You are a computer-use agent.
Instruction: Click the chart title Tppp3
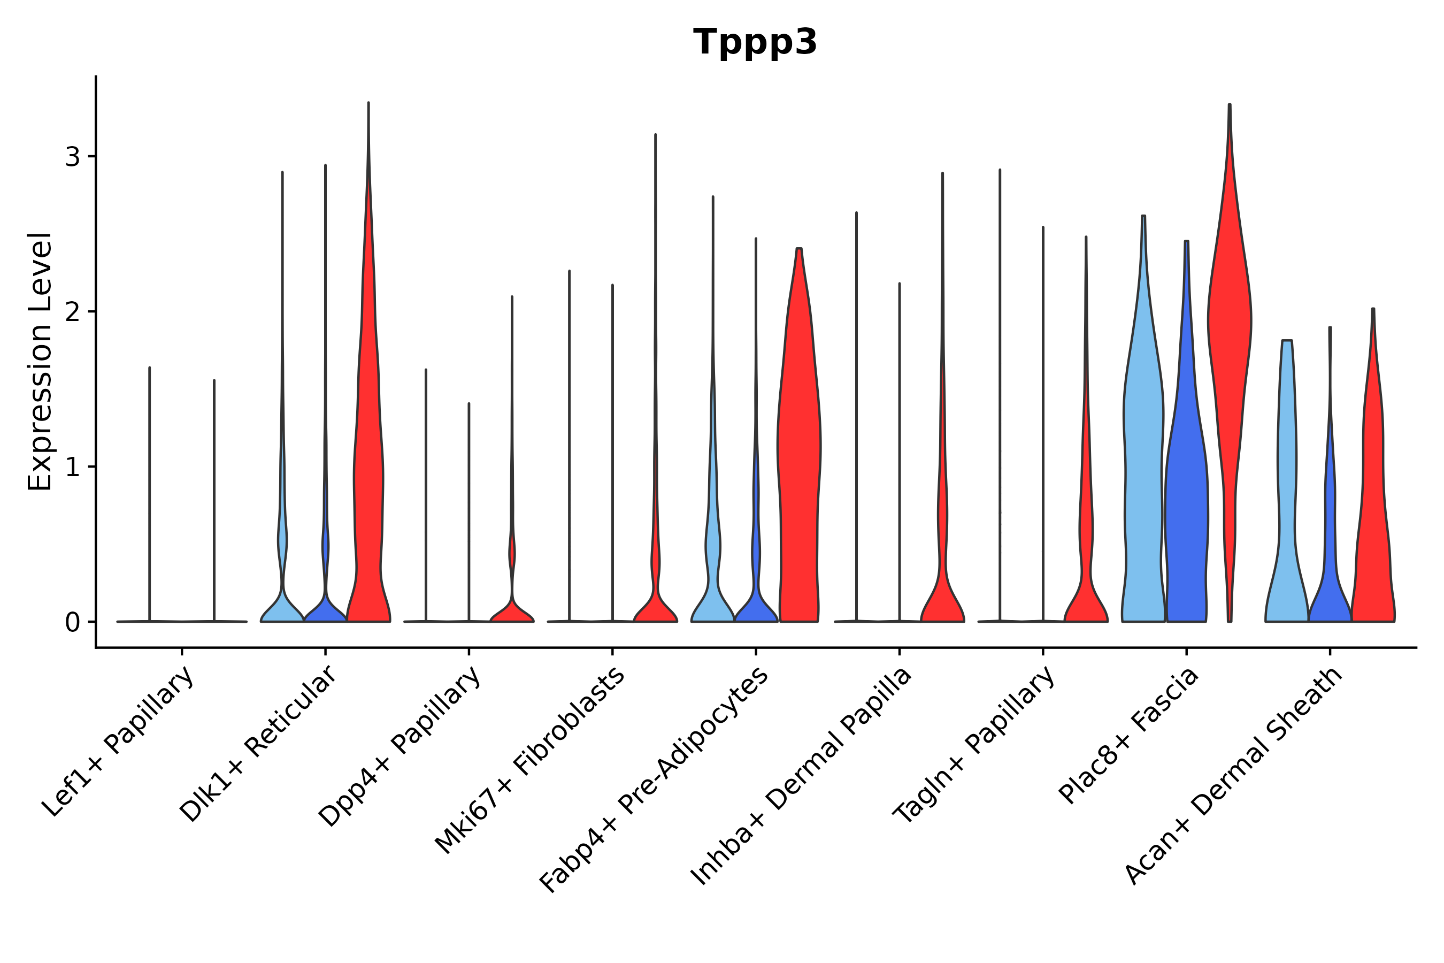coord(755,42)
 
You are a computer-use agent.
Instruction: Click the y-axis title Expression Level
coord(40,362)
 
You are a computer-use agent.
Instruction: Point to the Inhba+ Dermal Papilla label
coord(802,777)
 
